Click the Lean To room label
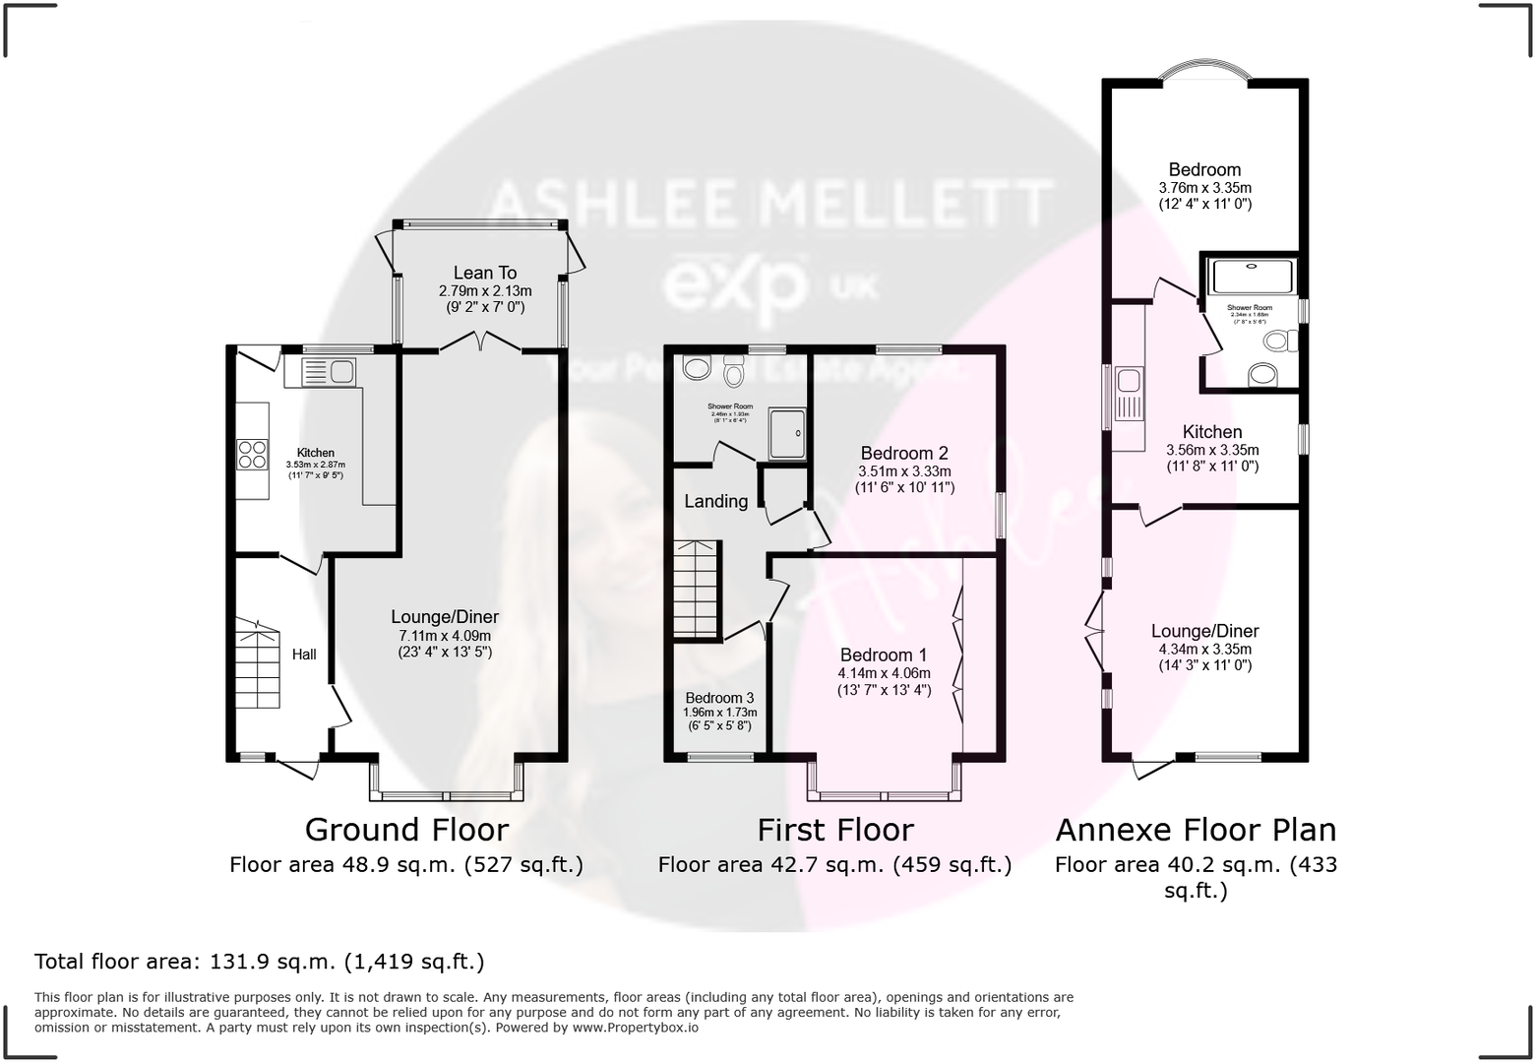tap(484, 273)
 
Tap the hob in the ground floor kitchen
tap(252, 453)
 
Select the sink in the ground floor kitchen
tap(329, 372)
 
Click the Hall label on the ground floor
tap(304, 655)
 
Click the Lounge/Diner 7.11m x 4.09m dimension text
tap(445, 635)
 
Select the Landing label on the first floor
tap(715, 501)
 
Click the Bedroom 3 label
tap(720, 698)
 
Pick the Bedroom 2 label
tap(903, 454)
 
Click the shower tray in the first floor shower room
tap(787, 434)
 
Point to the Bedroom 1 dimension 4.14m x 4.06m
tap(884, 673)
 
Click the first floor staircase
tap(697, 590)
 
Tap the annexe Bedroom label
tap(1204, 169)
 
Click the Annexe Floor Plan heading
tap(1196, 830)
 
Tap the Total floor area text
tap(260, 962)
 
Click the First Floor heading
tap(834, 830)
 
